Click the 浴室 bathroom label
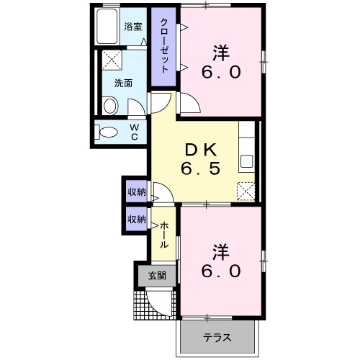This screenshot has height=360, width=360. [x=132, y=27]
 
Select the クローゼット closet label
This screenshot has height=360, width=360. [x=164, y=45]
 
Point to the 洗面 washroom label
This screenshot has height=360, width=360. [x=123, y=83]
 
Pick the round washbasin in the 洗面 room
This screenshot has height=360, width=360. [x=110, y=106]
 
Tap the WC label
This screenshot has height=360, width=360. [x=134, y=132]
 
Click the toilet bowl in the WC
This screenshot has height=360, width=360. [x=108, y=132]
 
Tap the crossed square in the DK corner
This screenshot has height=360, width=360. [x=246, y=191]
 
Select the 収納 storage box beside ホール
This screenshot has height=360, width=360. [x=137, y=219]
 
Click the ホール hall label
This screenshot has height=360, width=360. [x=164, y=235]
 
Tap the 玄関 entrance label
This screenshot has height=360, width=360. [x=157, y=275]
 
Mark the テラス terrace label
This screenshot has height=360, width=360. [x=217, y=337]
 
